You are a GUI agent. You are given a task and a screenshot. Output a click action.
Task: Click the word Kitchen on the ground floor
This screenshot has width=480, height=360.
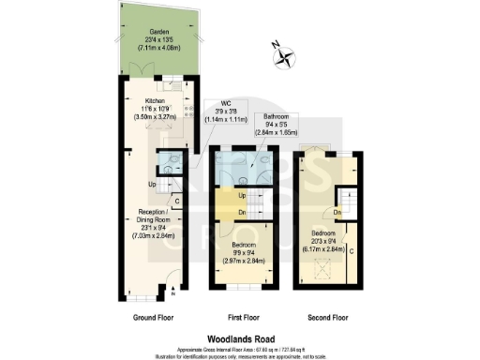pos(155,100)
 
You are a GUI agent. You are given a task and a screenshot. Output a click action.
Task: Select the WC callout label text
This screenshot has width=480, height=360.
pos(226,103)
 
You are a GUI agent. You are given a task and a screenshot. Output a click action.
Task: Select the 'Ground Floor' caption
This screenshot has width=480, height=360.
pos(153,319)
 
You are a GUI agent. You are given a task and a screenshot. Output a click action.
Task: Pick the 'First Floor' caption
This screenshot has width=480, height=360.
pos(243,319)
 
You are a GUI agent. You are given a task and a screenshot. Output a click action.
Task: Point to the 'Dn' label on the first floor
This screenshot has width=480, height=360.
pos(243,212)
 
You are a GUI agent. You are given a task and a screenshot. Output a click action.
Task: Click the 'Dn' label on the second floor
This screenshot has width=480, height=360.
pos(337,213)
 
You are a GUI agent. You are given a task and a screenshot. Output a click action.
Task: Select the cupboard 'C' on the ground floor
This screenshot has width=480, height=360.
pos(177,200)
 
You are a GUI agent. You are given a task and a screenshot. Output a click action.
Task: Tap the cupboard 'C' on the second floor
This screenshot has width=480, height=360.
pos(352,250)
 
